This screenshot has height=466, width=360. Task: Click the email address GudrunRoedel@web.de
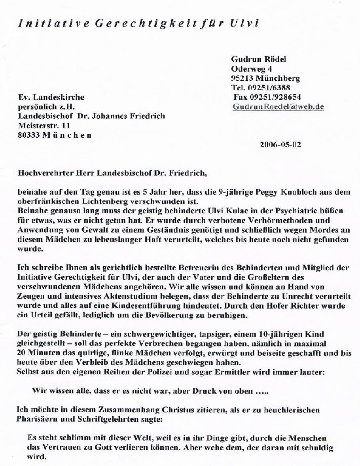(278, 107)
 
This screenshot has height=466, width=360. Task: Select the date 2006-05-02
(280, 144)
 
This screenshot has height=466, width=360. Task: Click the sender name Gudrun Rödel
(258, 59)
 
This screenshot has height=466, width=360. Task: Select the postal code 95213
(242, 78)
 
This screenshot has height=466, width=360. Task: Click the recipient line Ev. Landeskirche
(51, 97)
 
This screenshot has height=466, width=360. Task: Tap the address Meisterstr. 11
(44, 126)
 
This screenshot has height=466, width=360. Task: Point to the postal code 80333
(27, 135)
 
